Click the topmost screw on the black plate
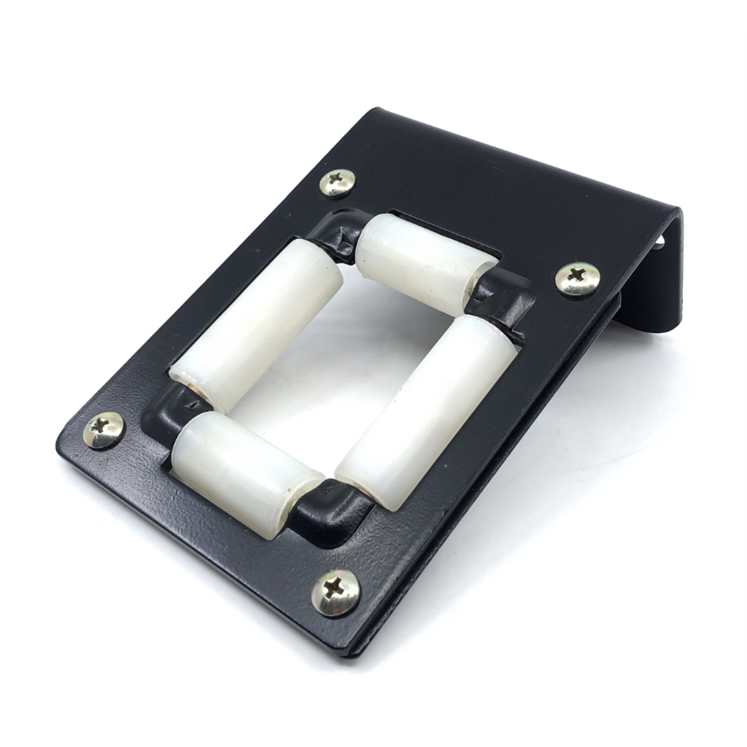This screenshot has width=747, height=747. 337,182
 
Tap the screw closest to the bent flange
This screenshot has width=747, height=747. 578,280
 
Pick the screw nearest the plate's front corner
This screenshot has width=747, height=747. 336,593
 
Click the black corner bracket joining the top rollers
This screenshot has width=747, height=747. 339,233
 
